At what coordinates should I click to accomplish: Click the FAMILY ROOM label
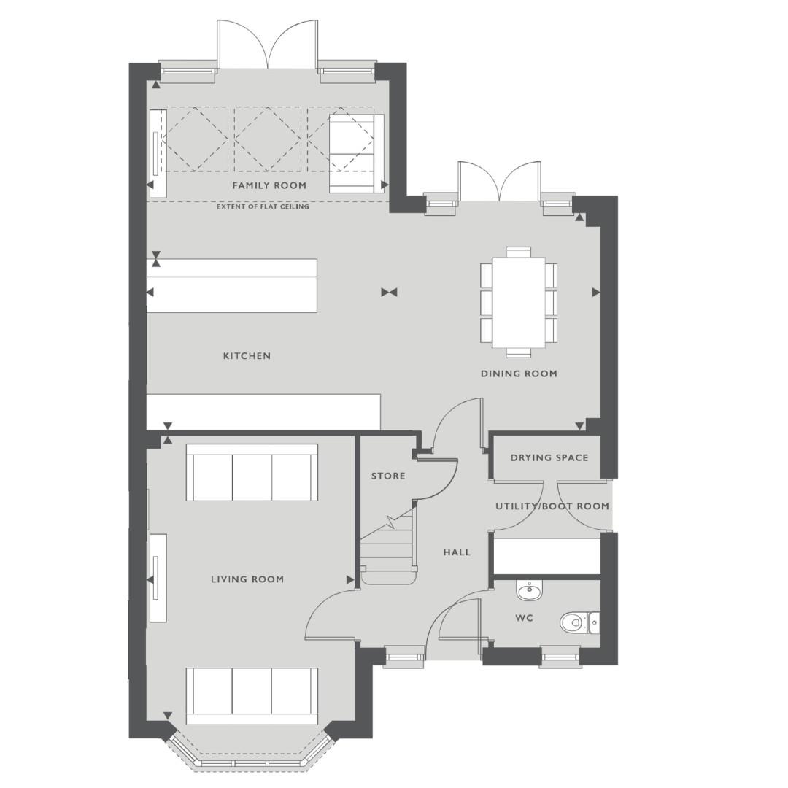[269, 186]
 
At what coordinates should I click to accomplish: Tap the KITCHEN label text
[247, 356]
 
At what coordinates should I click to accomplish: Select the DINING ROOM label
[519, 374]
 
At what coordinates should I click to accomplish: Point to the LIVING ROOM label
[247, 579]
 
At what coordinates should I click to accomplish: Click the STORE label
[388, 476]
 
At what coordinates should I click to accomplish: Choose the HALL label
[457, 552]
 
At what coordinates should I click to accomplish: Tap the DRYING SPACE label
[549, 458]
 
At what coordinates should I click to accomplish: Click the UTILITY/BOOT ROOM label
[552, 506]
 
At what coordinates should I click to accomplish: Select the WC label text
[524, 618]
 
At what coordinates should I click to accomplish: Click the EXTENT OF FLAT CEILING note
[263, 207]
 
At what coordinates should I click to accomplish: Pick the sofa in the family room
[352, 153]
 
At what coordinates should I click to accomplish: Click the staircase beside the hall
[388, 547]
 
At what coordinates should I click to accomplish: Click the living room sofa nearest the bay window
[252, 695]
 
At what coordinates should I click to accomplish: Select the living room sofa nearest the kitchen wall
[252, 472]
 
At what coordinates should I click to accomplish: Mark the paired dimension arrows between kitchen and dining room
[389, 293]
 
